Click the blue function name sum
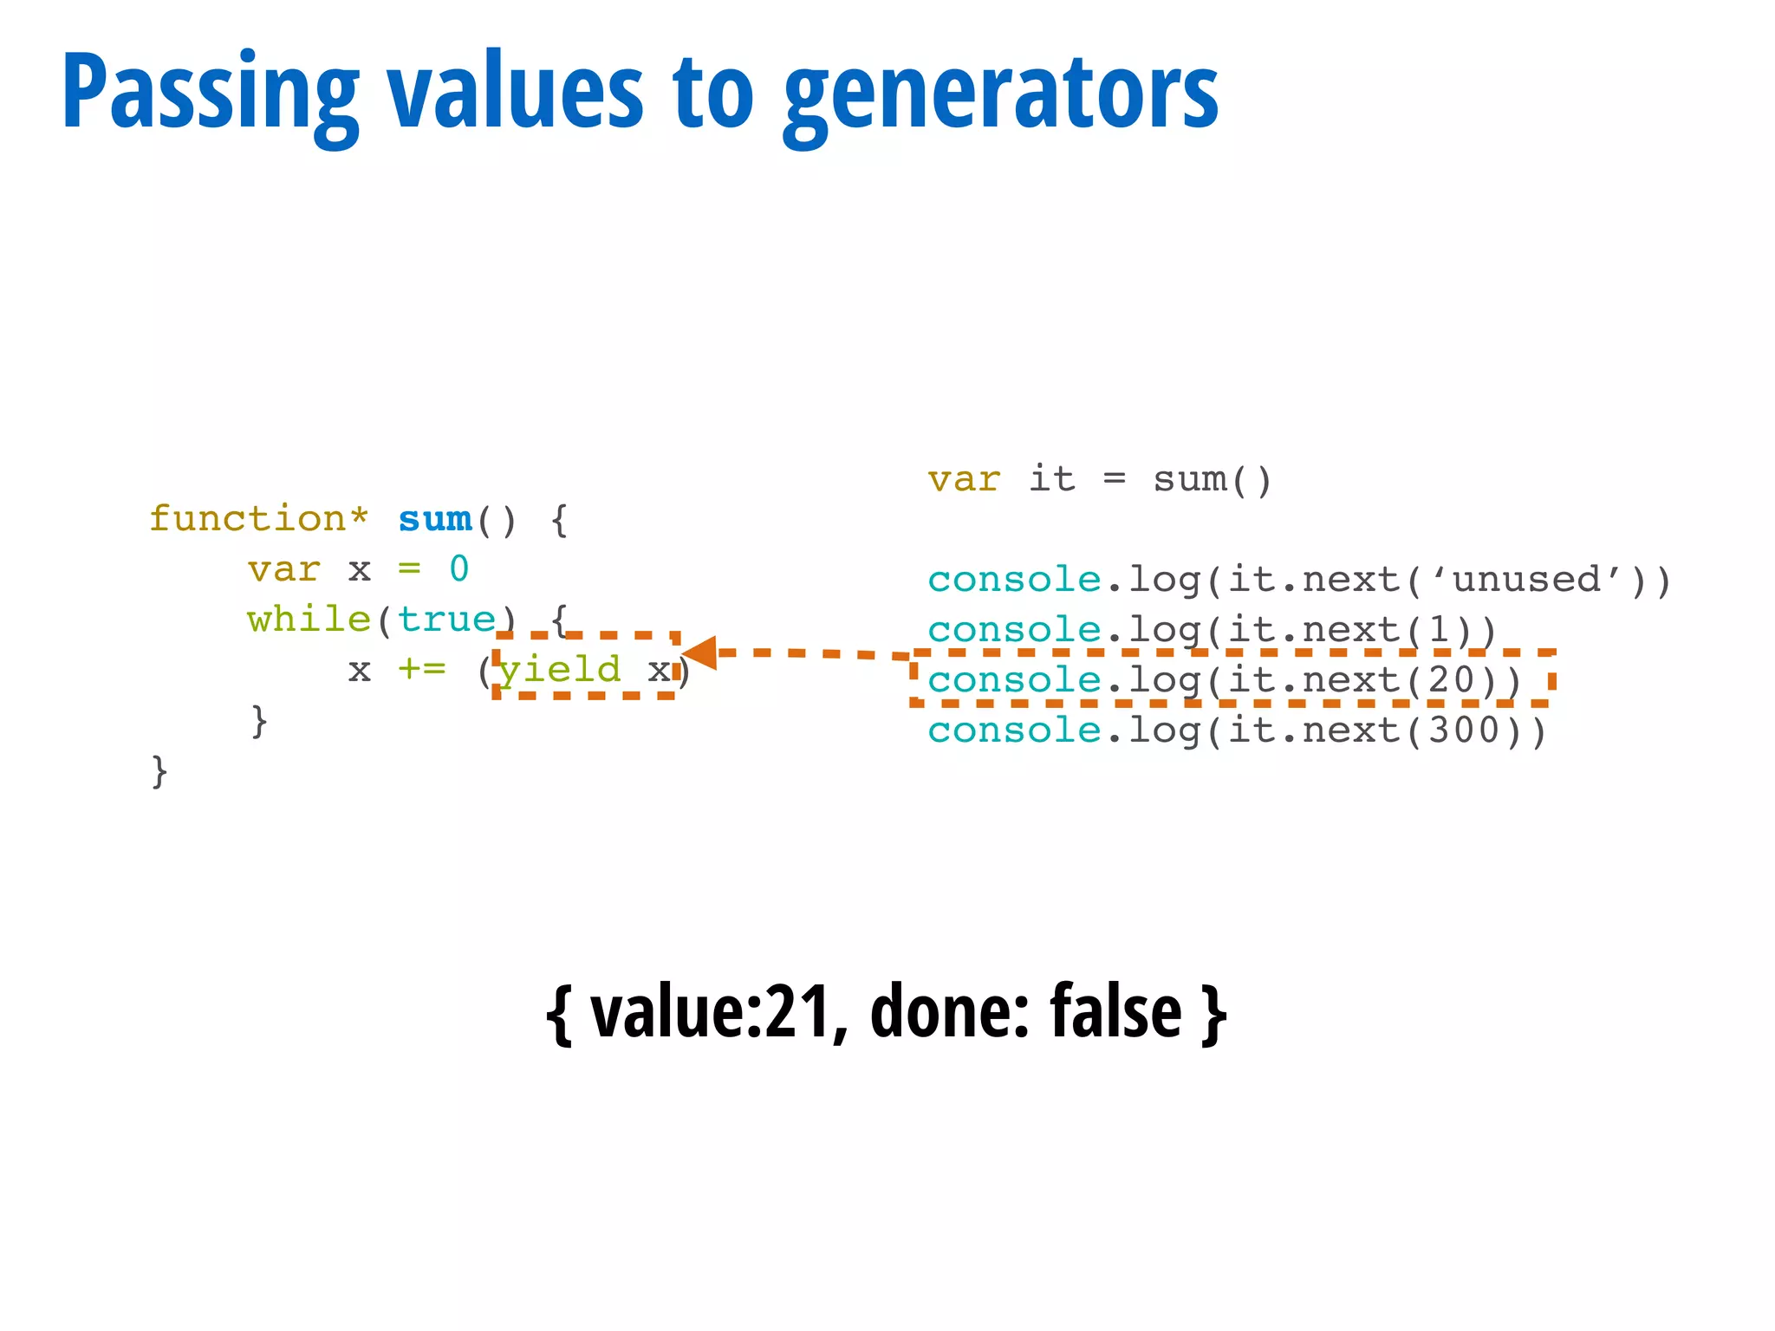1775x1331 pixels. point(435,519)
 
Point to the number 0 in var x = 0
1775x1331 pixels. point(459,569)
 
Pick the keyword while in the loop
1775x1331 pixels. point(309,620)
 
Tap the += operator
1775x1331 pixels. point(422,670)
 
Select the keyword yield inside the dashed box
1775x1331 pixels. point(561,670)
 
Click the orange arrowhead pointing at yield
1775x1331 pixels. point(700,653)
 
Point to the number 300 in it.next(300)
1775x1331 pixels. point(1465,730)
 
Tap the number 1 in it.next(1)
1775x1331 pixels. point(1440,630)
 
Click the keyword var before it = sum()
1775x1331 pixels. point(964,479)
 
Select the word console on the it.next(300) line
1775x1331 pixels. point(1014,730)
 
